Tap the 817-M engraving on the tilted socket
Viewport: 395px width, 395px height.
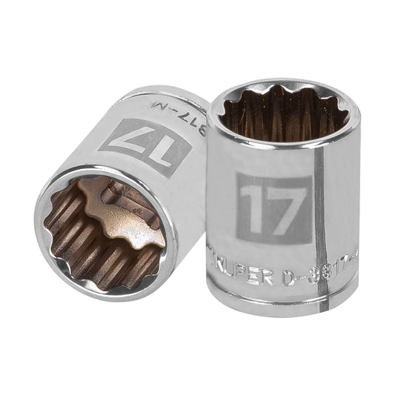coord(178,107)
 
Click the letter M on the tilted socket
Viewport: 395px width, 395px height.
coord(188,113)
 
